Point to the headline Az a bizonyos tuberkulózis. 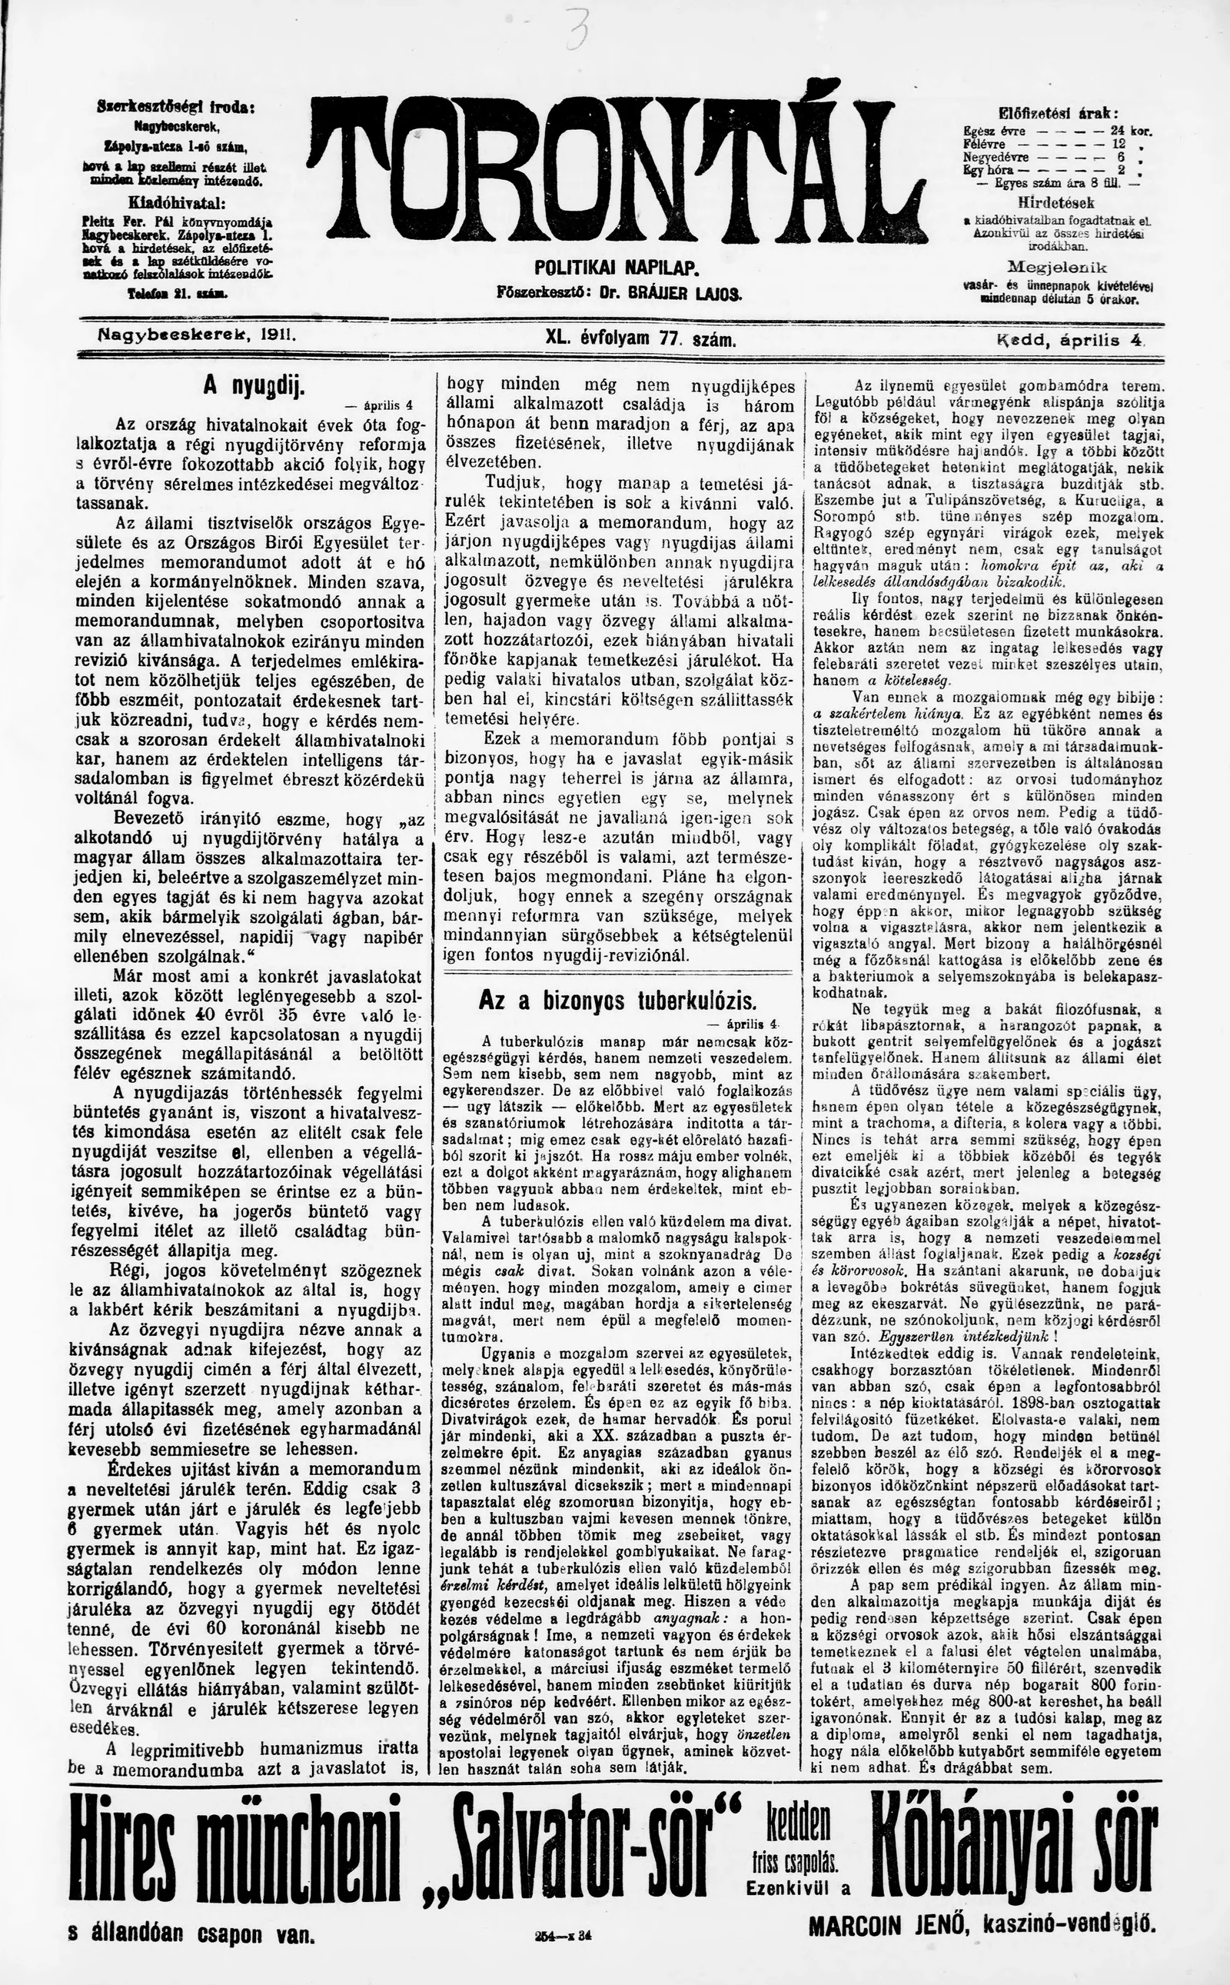tap(617, 1001)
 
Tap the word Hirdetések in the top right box tap(1056, 202)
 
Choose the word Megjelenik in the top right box tap(1057, 267)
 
